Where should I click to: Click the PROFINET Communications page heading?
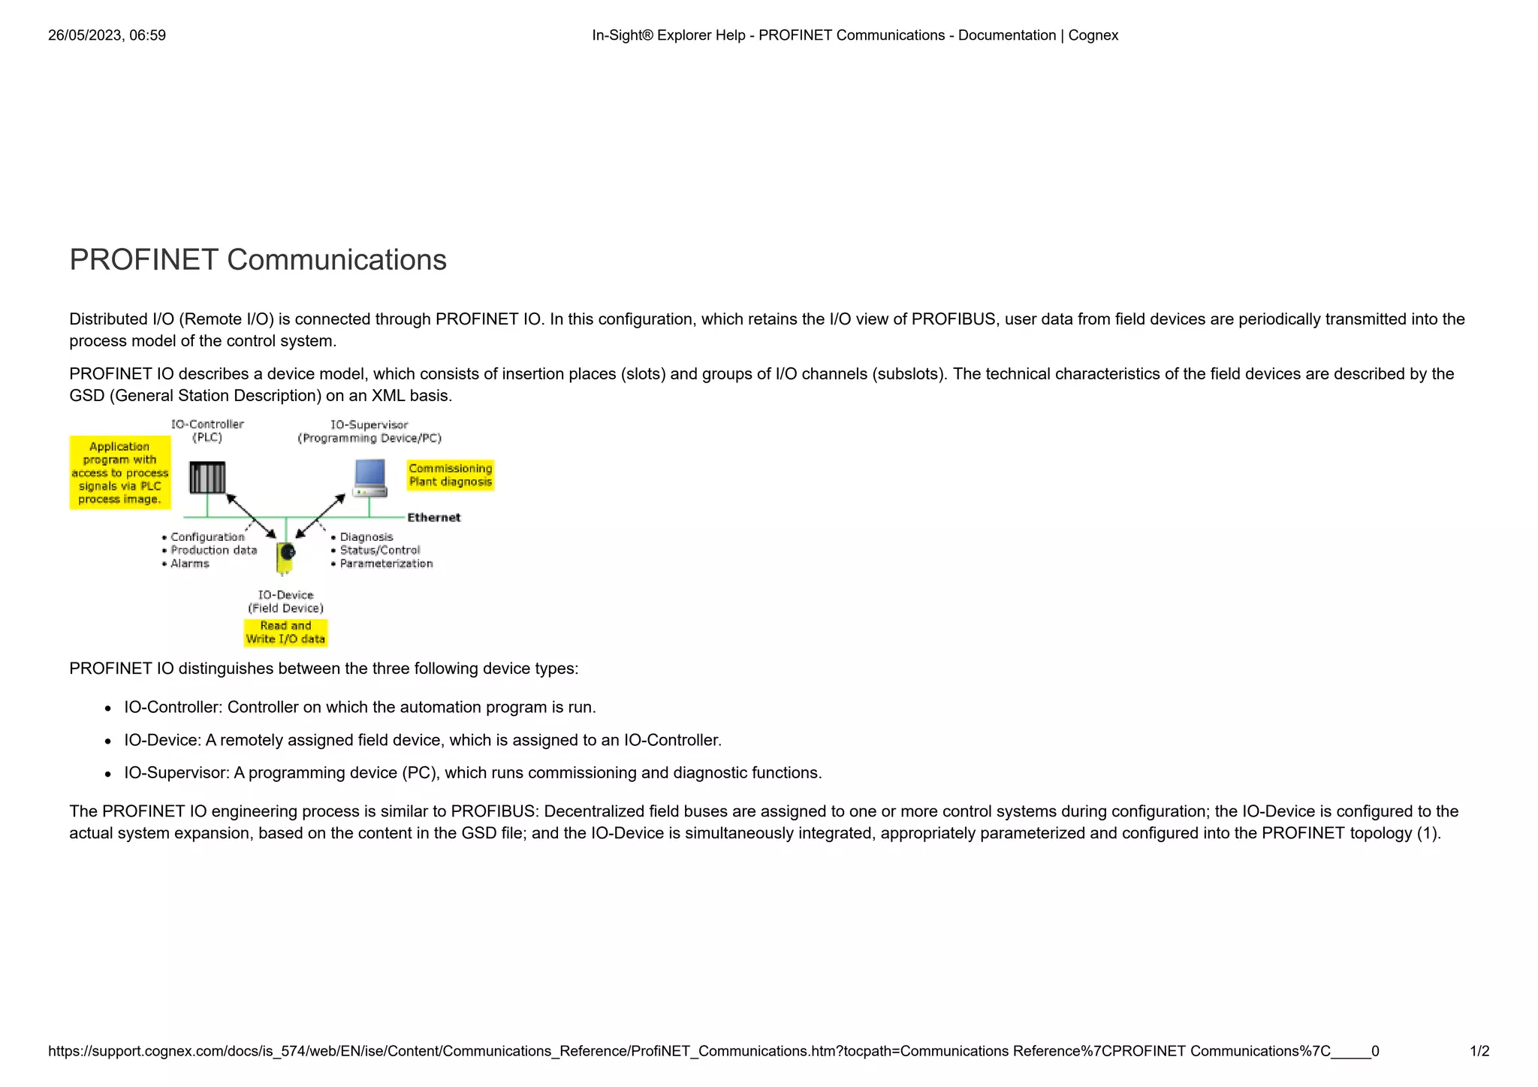pyautogui.click(x=258, y=260)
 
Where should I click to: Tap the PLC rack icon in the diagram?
pyautogui.click(x=207, y=478)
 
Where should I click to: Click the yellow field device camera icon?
pyautogui.click(x=285, y=556)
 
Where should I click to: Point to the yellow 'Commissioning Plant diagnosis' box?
pyautogui.click(x=451, y=475)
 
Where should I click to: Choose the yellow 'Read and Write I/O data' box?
pyautogui.click(x=285, y=633)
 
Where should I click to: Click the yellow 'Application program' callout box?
pyautogui.click(x=120, y=473)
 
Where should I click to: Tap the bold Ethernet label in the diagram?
pyautogui.click(x=433, y=518)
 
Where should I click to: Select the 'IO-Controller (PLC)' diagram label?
pyautogui.click(x=207, y=431)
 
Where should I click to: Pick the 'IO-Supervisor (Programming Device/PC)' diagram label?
pyautogui.click(x=369, y=431)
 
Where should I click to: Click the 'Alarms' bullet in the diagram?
pyautogui.click(x=189, y=563)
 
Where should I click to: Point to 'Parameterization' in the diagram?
pyautogui.click(x=386, y=563)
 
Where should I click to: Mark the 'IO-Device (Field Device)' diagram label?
pyautogui.click(x=285, y=602)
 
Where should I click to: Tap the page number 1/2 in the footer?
pyautogui.click(x=1479, y=1051)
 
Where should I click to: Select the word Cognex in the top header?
pyautogui.click(x=1093, y=35)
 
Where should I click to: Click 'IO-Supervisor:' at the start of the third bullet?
pyautogui.click(x=176, y=773)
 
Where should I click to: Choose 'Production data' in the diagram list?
pyautogui.click(x=213, y=550)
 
